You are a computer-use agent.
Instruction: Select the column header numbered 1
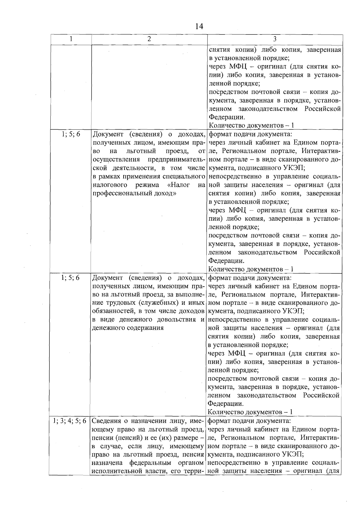click(71, 39)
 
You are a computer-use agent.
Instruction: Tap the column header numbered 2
click(149, 39)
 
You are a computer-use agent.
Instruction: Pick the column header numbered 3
click(275, 39)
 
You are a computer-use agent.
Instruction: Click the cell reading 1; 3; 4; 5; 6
click(70, 421)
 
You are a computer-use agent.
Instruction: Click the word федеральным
click(150, 463)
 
